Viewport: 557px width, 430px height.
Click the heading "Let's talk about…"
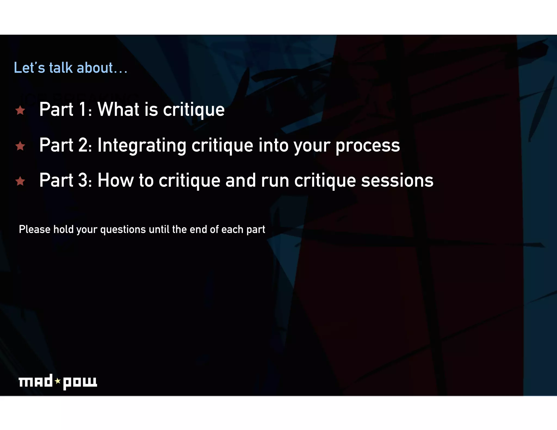click(71, 68)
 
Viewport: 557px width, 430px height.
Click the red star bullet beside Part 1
click(20, 110)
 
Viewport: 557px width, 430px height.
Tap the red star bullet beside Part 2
click(20, 146)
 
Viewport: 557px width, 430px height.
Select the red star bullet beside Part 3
click(20, 181)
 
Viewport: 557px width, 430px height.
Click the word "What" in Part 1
click(118, 109)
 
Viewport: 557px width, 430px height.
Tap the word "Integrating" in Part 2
click(142, 145)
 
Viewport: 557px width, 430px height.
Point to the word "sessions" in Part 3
click(397, 180)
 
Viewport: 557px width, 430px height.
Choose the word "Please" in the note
click(35, 229)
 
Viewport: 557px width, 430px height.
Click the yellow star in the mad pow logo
click(58, 381)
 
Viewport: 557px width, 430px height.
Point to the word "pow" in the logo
click(80, 382)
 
